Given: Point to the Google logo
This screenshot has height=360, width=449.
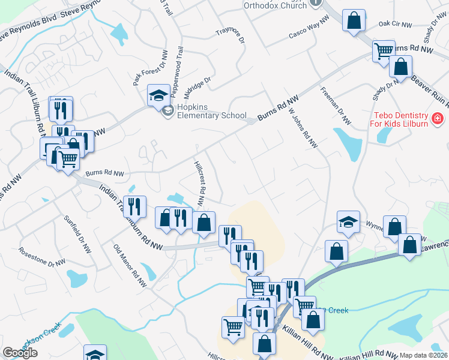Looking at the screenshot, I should pyautogui.click(x=20, y=353).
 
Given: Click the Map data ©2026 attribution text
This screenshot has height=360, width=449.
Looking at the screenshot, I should pyautogui.click(x=423, y=355).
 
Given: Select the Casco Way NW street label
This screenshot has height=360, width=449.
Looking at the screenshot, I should pyautogui.click(x=309, y=28).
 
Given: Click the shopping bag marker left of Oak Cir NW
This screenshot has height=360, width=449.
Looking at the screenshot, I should pyautogui.click(x=354, y=20).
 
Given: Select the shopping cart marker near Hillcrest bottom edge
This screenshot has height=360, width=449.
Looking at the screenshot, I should pyautogui.click(x=233, y=328).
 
